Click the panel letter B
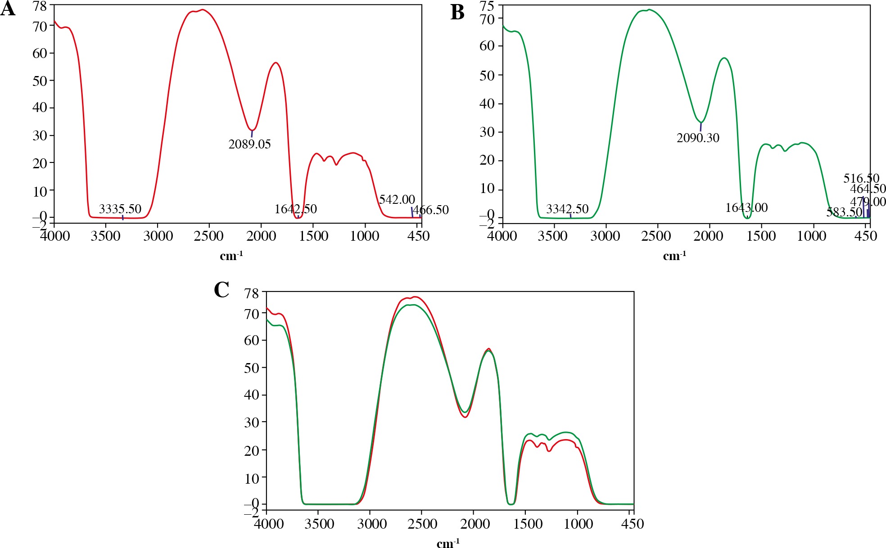click(x=457, y=13)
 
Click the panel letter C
click(x=221, y=290)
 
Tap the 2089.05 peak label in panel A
click(x=249, y=144)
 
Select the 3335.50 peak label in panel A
click(x=120, y=209)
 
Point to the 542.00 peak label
click(x=397, y=200)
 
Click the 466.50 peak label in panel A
click(x=431, y=210)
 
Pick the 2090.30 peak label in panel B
click(x=698, y=138)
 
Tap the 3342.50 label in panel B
click(x=567, y=209)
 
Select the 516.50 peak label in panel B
click(x=861, y=178)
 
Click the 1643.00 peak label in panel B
click(x=746, y=208)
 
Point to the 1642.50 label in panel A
click(x=296, y=209)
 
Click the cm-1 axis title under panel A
click(x=231, y=256)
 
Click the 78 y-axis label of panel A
click(x=40, y=6)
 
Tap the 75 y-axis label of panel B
click(x=487, y=6)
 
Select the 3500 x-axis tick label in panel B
click(x=552, y=236)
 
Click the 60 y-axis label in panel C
click(x=252, y=341)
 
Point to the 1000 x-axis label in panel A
click(x=365, y=236)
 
